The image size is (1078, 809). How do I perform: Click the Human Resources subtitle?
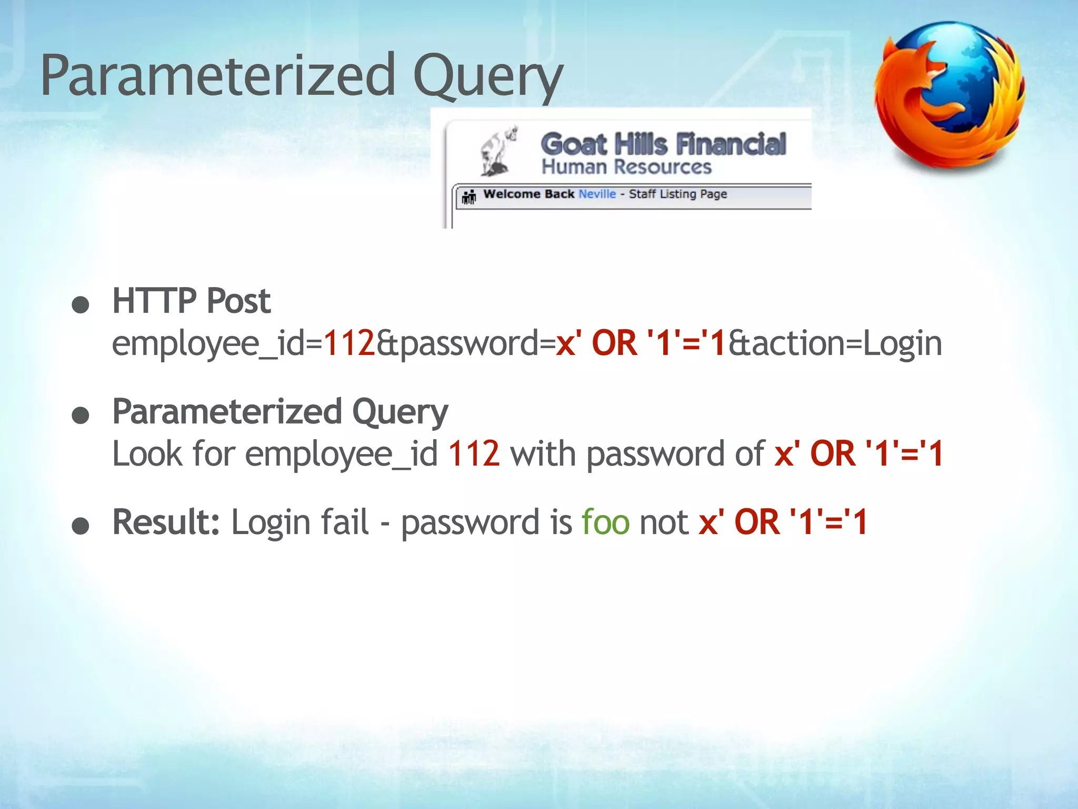(626, 167)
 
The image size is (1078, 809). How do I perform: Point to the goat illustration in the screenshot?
(497, 151)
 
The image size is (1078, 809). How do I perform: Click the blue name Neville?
(597, 194)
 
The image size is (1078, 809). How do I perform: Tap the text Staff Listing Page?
(677, 194)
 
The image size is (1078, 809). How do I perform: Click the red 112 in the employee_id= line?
(349, 343)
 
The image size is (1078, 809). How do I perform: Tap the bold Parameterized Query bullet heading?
(280, 412)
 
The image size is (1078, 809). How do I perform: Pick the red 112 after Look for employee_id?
(473, 453)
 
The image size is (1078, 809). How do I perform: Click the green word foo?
(605, 522)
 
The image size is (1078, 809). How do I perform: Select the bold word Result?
(166, 522)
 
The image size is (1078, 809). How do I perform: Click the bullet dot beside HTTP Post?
(81, 305)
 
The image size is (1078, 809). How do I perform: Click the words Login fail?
(300, 522)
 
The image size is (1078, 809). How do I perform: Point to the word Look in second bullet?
(147, 453)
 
